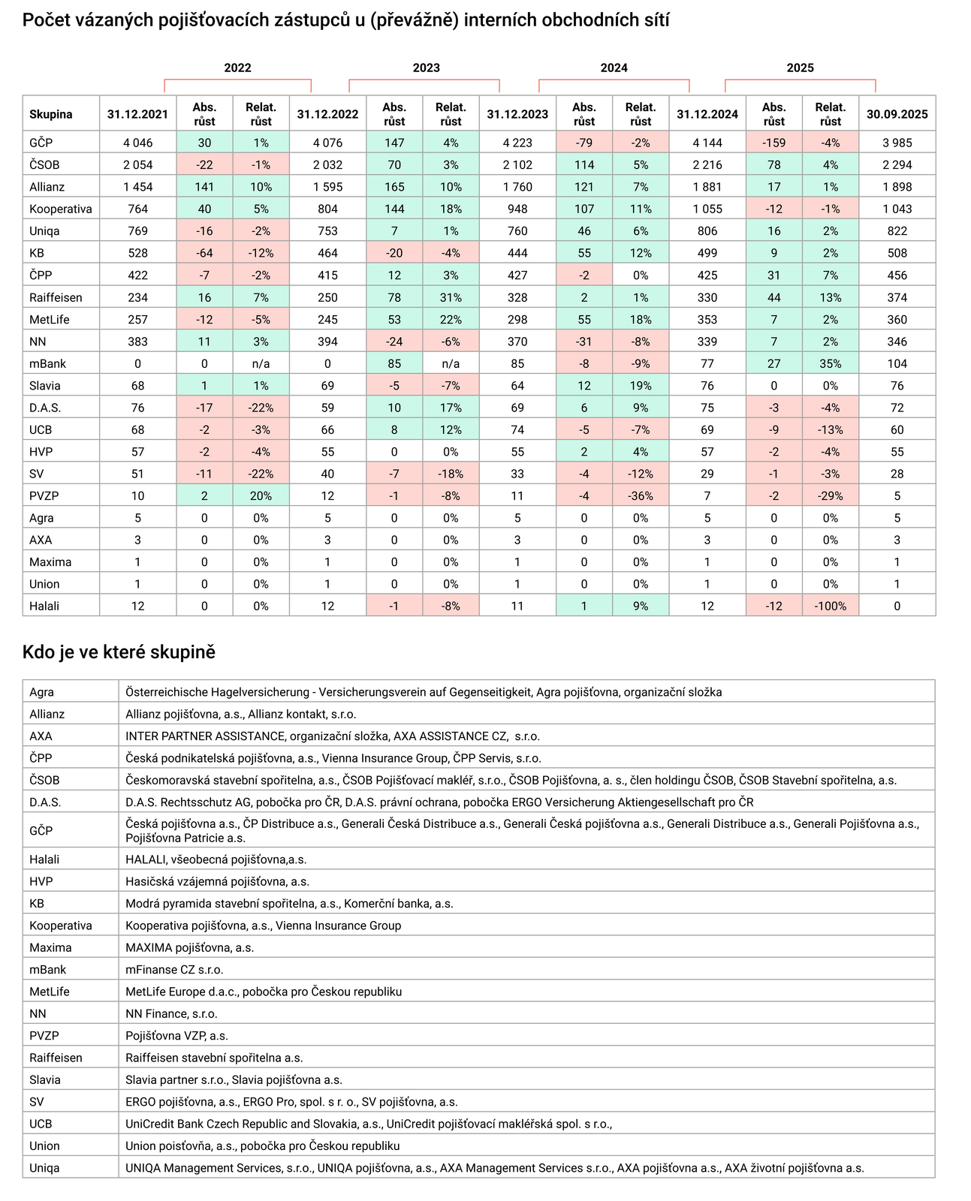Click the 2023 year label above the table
click(426, 68)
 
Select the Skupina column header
click(51, 114)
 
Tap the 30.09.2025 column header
click(897, 114)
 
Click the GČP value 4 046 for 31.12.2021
click(137, 143)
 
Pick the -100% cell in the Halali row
click(830, 606)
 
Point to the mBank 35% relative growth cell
click(830, 363)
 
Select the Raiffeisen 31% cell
click(451, 297)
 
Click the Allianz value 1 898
click(897, 187)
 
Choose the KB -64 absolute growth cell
click(204, 253)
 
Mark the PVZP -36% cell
click(641, 495)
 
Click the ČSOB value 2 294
click(897, 164)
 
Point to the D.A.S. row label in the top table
click(45, 408)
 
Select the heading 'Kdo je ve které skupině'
click(119, 652)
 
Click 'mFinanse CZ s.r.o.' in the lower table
click(174, 969)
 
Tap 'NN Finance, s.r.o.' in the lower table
click(171, 1013)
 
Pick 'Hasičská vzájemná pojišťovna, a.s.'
click(217, 881)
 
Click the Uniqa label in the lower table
click(44, 1167)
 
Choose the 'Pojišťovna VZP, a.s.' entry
click(176, 1035)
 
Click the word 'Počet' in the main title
click(47, 20)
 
